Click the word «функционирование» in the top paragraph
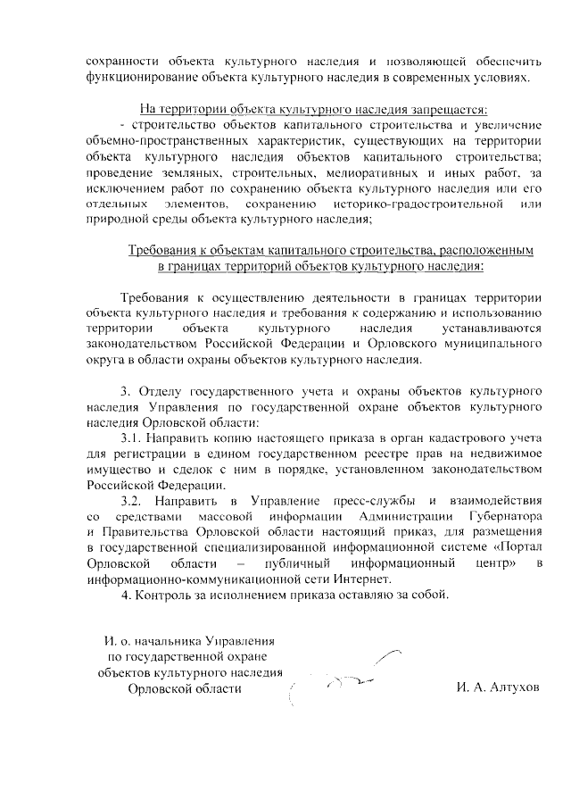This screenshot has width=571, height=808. [136, 78]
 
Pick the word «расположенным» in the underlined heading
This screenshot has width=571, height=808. [490, 252]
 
